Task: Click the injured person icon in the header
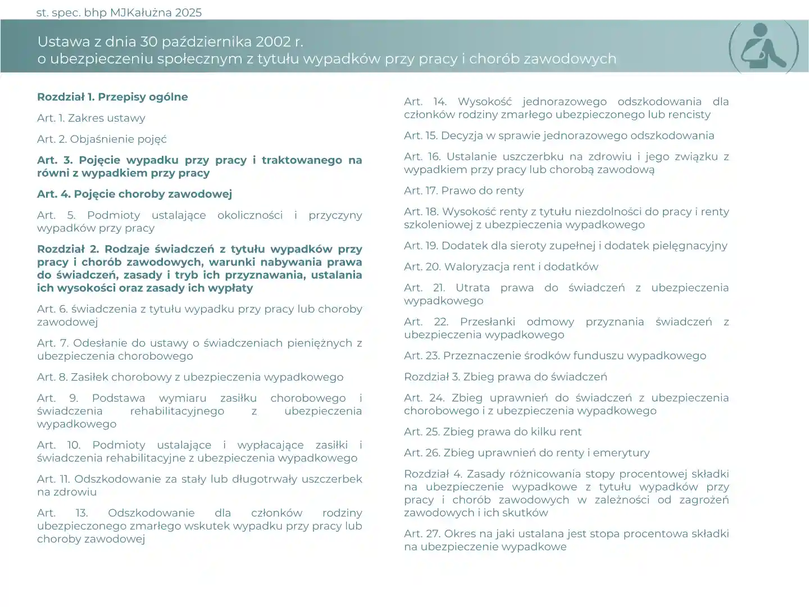coord(763,48)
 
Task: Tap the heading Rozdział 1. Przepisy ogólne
coord(112,97)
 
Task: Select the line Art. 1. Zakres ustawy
coord(91,118)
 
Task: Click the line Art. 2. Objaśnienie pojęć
coord(102,139)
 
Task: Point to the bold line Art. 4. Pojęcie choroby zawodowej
coord(134,194)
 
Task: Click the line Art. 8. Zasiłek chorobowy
coord(190,377)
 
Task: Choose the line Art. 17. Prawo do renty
coord(463,191)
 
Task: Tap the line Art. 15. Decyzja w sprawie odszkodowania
coord(559,135)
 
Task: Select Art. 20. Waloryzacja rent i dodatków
coord(501,266)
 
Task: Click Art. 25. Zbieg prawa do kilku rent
coord(493,432)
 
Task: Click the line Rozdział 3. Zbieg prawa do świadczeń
coord(506,377)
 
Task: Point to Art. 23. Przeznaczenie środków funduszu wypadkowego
coord(555,356)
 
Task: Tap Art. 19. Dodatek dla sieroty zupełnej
coord(565,246)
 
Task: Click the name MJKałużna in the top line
coord(140,12)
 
